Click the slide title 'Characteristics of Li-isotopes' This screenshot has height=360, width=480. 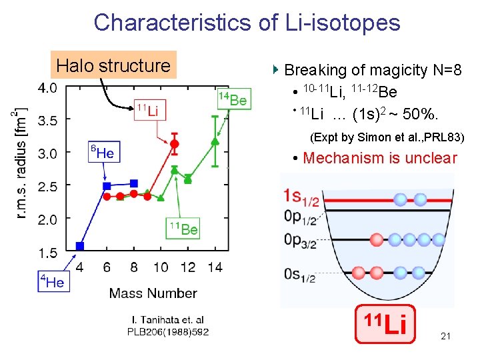[x=247, y=22]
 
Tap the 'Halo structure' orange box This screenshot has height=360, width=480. [x=113, y=65]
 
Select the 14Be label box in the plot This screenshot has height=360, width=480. [x=233, y=100]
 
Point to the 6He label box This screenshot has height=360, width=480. [x=102, y=153]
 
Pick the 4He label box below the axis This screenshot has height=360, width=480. [x=53, y=281]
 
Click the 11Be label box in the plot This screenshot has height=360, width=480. [x=183, y=229]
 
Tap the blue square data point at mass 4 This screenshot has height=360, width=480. [x=80, y=246]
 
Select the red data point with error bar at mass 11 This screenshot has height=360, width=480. [x=175, y=143]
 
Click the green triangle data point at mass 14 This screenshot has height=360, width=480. [x=215, y=141]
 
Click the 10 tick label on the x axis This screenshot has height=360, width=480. [x=161, y=267]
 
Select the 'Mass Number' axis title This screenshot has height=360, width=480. [x=153, y=293]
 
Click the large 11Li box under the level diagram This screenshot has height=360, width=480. [x=385, y=325]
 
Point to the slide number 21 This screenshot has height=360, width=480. [x=445, y=337]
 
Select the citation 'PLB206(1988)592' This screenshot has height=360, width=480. [x=168, y=331]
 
